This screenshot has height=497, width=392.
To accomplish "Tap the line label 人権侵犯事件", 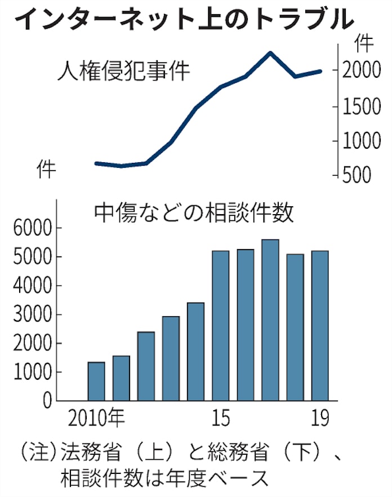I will click(123, 72).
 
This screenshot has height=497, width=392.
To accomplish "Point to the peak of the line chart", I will click(270, 53).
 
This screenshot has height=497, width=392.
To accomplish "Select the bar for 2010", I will click(96, 381).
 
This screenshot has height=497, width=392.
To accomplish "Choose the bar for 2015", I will click(221, 326).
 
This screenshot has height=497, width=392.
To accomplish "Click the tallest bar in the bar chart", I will click(270, 320).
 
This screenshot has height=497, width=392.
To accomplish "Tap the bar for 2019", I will click(320, 326).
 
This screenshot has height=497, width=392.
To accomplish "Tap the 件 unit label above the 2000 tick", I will click(364, 43).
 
